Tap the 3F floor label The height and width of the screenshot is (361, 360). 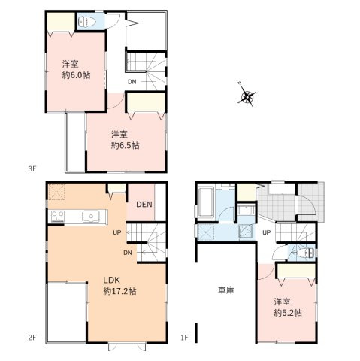(x=32, y=169)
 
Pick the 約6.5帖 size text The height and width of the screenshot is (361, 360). (x=124, y=146)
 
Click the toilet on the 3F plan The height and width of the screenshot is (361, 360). (x=84, y=23)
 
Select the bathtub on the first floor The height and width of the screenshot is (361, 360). (x=207, y=202)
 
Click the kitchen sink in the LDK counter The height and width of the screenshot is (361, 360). (x=89, y=217)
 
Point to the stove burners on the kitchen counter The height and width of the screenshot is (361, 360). (x=57, y=217)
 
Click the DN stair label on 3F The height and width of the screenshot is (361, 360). (x=132, y=80)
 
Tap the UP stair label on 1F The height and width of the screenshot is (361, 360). (x=266, y=232)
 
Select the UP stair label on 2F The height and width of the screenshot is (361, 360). (x=117, y=232)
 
